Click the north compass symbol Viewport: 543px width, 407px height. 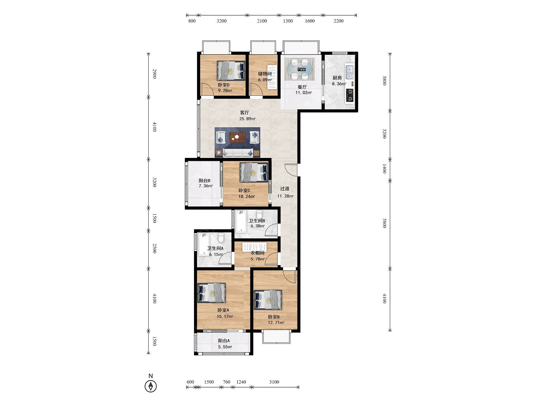(x=151, y=386)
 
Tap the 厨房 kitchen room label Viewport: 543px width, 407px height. (x=337, y=78)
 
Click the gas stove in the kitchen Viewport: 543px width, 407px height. (x=350, y=95)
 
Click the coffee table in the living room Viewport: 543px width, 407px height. (x=237, y=137)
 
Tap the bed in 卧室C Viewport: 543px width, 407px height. (x=254, y=172)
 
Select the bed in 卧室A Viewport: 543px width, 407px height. (x=211, y=293)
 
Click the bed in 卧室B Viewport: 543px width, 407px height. (x=268, y=300)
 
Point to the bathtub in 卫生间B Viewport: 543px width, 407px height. (x=241, y=222)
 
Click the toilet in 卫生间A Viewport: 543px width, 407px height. (x=221, y=238)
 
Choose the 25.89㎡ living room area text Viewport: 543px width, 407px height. (x=247, y=119)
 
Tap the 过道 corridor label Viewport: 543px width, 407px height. (x=285, y=189)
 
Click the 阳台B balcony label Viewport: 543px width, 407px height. (x=204, y=180)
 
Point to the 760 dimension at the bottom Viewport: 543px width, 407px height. (x=226, y=382)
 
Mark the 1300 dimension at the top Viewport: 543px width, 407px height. (x=288, y=21)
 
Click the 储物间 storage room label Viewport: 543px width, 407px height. (x=265, y=74)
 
